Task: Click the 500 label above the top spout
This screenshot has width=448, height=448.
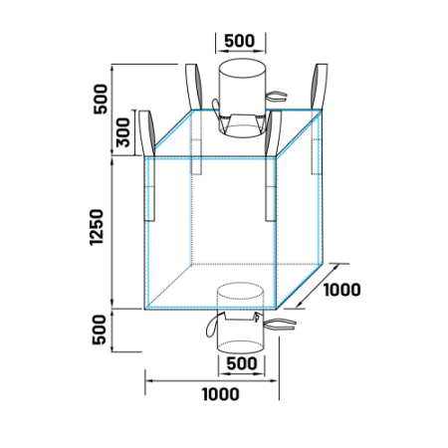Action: point(239,41)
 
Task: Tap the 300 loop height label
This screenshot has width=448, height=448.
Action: point(122,132)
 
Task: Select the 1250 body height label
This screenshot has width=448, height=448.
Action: point(97,227)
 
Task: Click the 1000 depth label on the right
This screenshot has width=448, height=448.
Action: point(341,290)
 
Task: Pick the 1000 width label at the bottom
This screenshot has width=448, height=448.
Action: point(221,394)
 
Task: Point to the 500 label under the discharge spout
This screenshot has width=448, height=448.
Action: point(242,363)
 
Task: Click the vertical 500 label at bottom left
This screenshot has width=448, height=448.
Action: point(100,330)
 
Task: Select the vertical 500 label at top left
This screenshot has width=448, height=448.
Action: point(101,99)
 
